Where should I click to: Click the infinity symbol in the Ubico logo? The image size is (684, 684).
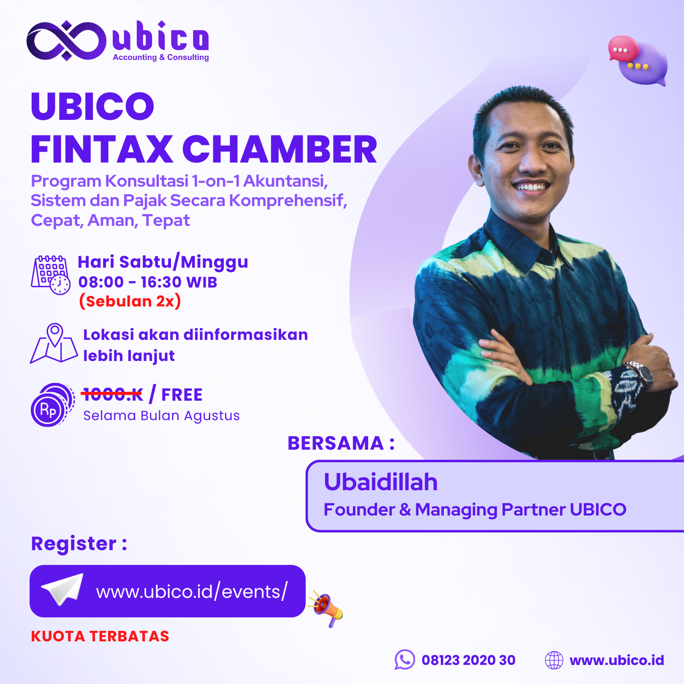66,41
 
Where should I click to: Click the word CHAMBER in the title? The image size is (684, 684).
280,149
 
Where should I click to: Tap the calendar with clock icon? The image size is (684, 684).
51,275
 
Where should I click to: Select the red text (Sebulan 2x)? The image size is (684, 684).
130,301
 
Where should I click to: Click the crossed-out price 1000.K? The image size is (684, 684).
112,394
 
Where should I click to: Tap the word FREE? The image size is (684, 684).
182,395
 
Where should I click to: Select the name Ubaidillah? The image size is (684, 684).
380,482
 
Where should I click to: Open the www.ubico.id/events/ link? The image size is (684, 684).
192,592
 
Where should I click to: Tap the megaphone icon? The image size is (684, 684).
326,608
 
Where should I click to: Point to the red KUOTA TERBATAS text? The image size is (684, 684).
100,636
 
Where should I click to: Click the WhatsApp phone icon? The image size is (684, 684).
404,660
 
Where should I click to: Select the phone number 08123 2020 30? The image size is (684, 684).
469,660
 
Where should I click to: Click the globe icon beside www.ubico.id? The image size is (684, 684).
554,660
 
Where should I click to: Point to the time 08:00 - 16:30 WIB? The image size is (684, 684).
148,282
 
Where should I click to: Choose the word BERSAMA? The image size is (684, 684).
336,443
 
